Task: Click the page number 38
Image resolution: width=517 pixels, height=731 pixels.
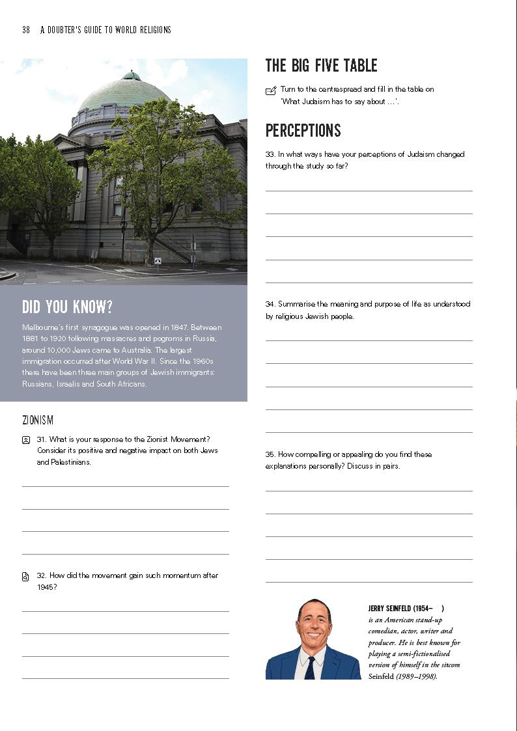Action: pos(26,30)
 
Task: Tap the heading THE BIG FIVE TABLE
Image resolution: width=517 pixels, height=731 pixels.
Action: pos(321,66)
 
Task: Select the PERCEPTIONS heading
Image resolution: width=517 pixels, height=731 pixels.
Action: pos(303,131)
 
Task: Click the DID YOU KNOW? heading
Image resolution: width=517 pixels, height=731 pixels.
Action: pos(67,307)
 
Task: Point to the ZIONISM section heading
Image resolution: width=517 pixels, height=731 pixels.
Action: pos(38,421)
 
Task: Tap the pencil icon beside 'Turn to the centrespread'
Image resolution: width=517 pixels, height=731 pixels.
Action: pos(271,90)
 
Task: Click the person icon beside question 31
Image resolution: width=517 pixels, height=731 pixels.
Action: pos(26,440)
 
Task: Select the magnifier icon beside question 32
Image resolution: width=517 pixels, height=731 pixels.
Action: pos(26,576)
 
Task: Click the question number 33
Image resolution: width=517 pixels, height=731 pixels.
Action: pos(270,155)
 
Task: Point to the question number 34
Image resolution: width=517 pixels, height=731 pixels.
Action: pos(270,304)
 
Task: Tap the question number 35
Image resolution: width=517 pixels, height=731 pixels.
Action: pos(270,454)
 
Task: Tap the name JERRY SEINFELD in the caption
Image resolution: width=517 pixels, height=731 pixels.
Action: pos(389,609)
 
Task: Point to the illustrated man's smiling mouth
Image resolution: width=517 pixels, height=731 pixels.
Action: pos(314,635)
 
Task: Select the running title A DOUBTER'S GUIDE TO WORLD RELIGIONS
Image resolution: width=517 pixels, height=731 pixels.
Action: pos(105,30)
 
